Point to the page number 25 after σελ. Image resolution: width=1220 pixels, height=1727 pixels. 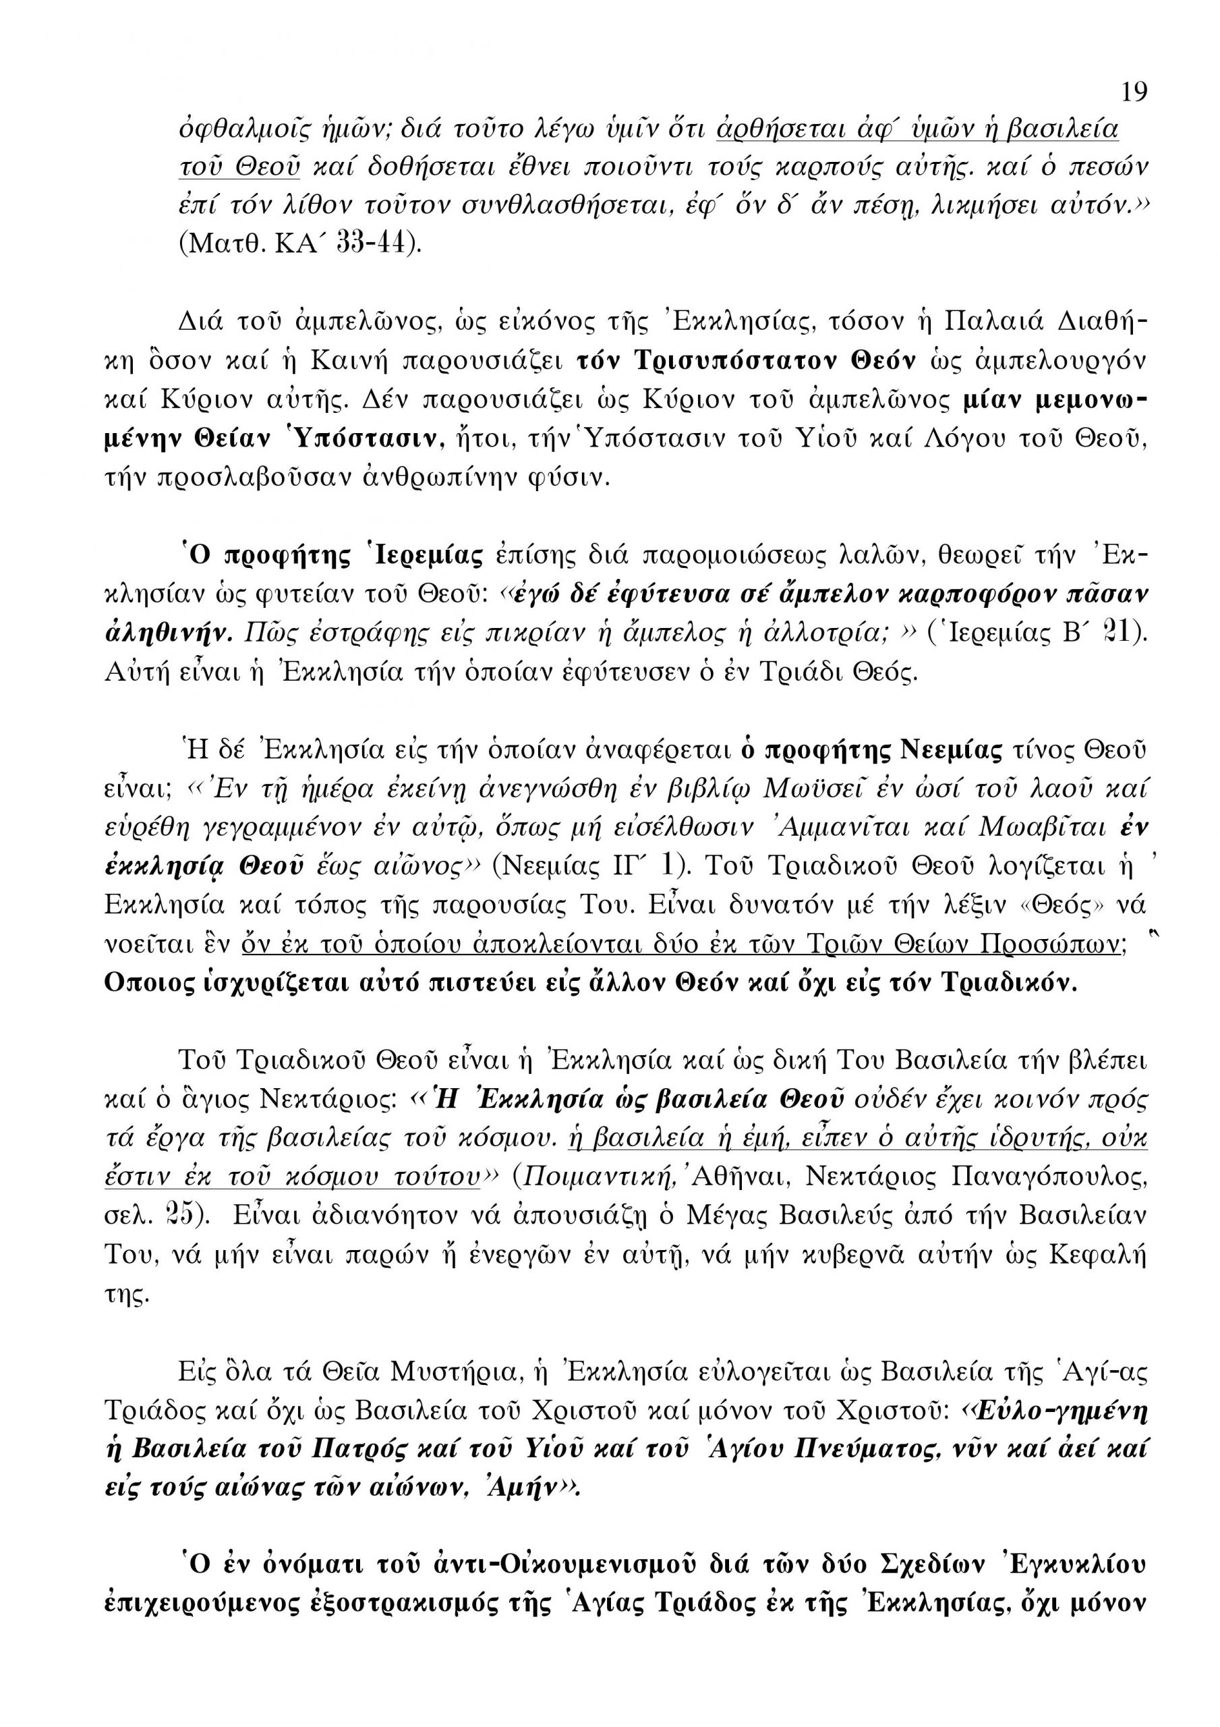pos(182,1216)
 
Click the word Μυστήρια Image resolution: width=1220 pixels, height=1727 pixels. pos(452,1373)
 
